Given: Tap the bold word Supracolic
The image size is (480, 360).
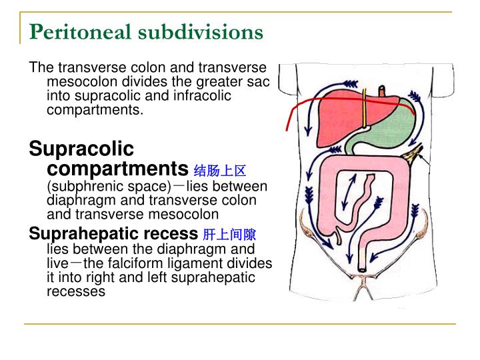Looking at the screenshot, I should pyautogui.click(x=81, y=149).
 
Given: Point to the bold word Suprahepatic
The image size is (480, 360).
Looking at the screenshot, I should pyautogui.click(x=79, y=234).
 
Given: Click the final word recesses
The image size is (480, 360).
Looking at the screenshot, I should pyautogui.click(x=76, y=291).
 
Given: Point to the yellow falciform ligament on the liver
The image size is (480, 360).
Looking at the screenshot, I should pyautogui.click(x=364, y=117).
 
